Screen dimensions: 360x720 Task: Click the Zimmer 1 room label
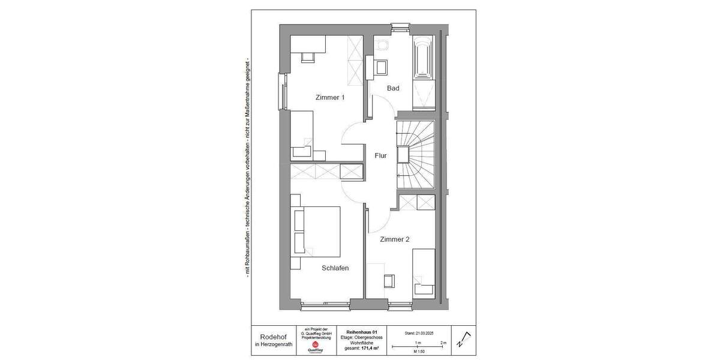click(x=329, y=97)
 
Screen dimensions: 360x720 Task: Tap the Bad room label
click(x=393, y=89)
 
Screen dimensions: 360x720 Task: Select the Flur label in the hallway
click(x=380, y=156)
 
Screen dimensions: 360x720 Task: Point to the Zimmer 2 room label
click(x=395, y=239)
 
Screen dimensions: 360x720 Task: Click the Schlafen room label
click(x=335, y=268)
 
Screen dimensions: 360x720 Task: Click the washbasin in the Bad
click(x=380, y=67)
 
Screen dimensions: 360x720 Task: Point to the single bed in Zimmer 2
click(x=424, y=271)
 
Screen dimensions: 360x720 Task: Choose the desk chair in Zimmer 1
click(x=307, y=56)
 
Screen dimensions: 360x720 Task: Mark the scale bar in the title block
click(x=418, y=346)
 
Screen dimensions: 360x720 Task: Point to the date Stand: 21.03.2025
click(x=419, y=332)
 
